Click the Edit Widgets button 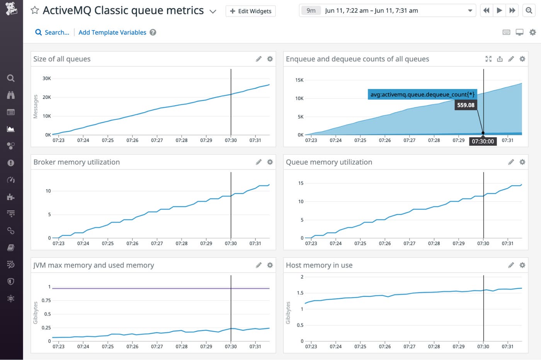click(x=250, y=11)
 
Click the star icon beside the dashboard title click(x=35, y=10)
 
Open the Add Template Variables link click(x=112, y=32)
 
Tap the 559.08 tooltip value click(x=465, y=105)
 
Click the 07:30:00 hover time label click(x=483, y=142)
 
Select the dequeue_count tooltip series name click(x=422, y=94)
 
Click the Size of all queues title click(x=62, y=59)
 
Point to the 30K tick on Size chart click(x=47, y=78)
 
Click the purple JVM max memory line click(x=155, y=288)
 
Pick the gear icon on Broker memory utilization click(x=270, y=162)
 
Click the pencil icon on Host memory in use click(x=511, y=265)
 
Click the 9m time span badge click(x=311, y=11)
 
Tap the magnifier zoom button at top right click(x=529, y=11)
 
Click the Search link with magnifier click(x=52, y=32)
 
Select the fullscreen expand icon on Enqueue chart click(x=488, y=59)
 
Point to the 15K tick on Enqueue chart click(x=299, y=80)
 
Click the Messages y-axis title click(x=36, y=107)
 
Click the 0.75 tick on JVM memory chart click(x=46, y=300)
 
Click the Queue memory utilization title click(x=329, y=162)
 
